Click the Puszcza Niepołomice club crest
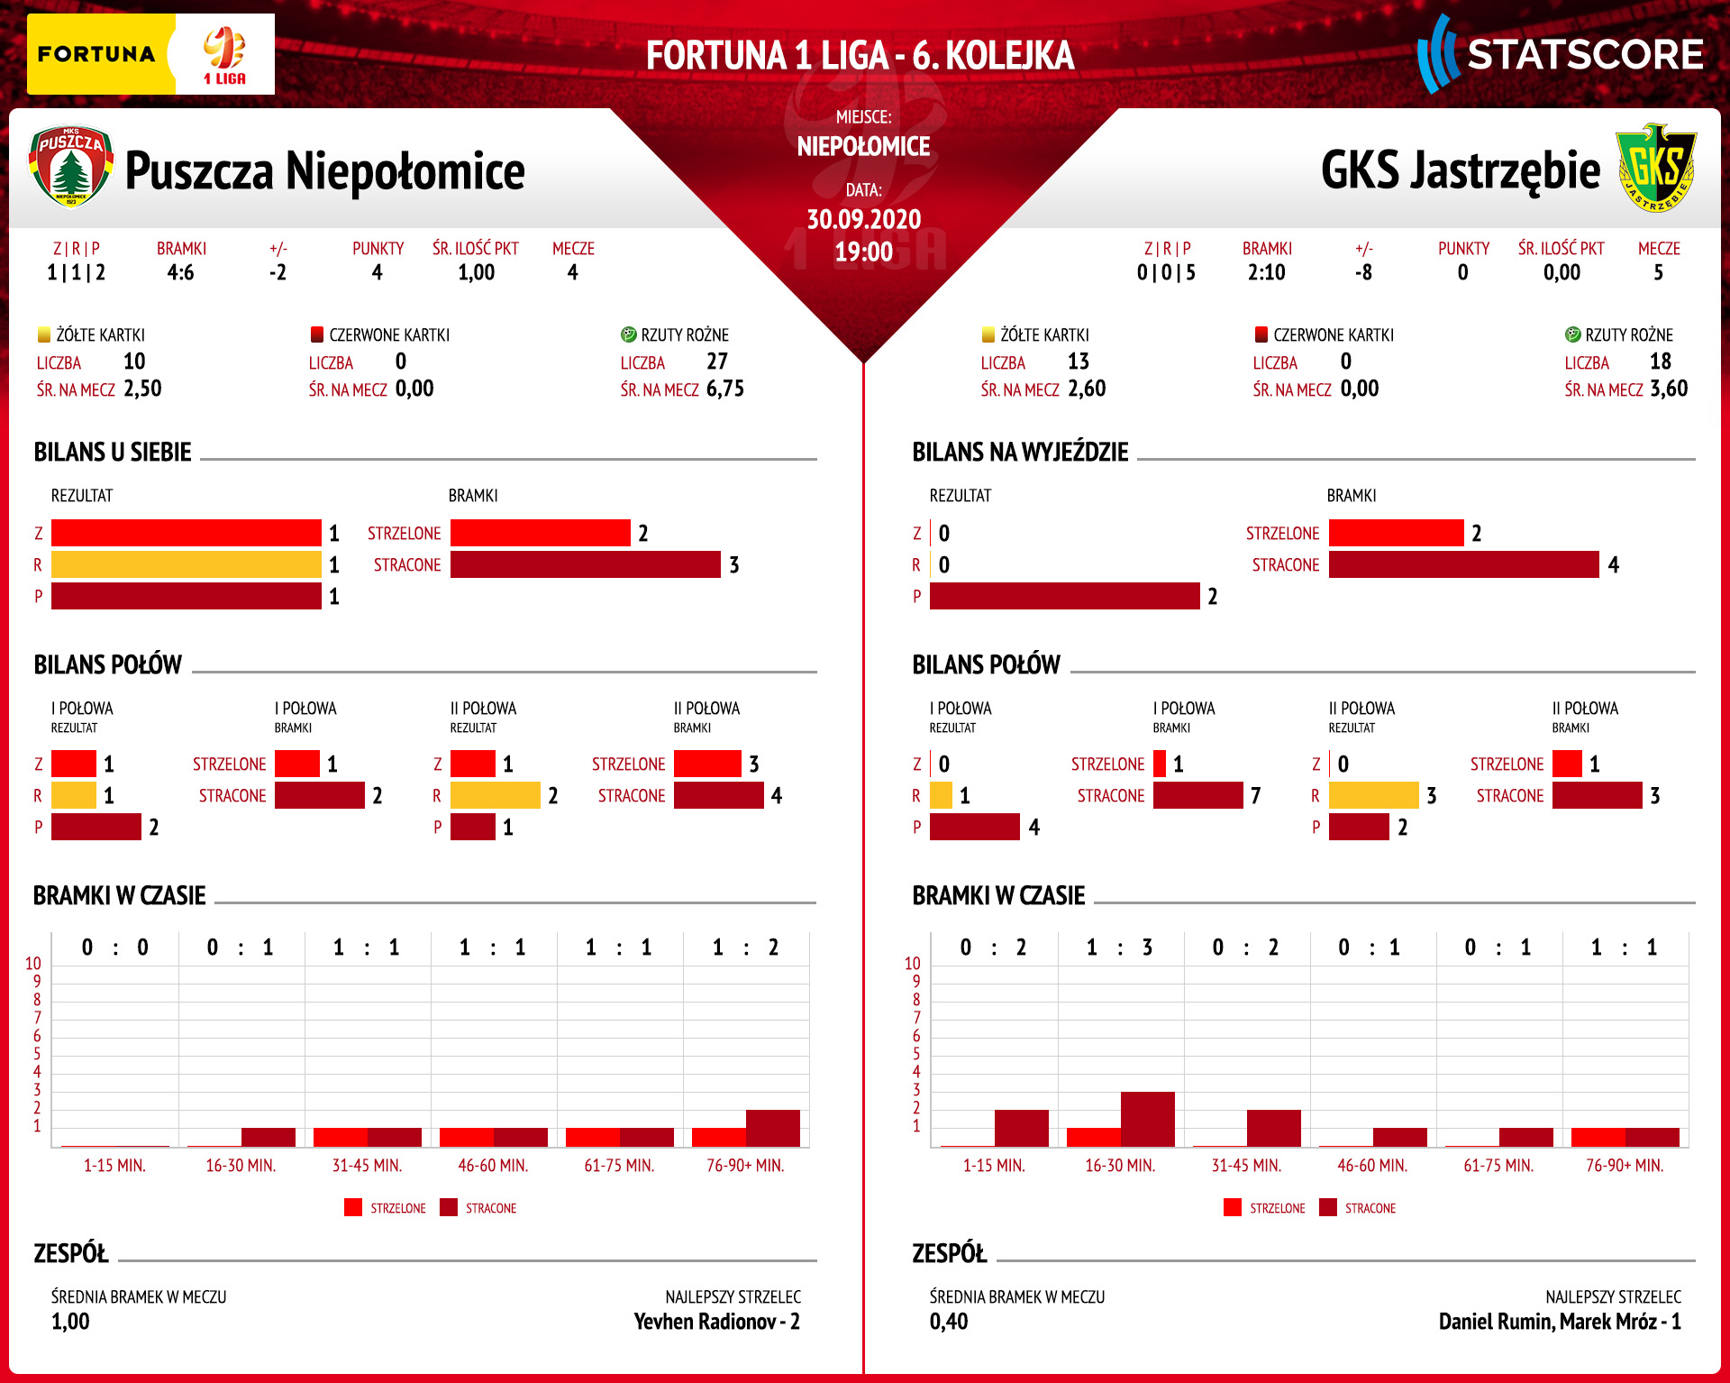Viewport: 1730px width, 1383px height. [71, 167]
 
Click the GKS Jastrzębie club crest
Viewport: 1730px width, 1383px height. [1656, 169]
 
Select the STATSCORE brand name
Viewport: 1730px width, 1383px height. [1585, 55]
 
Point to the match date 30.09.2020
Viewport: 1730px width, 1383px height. [863, 219]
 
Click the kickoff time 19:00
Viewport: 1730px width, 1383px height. [863, 252]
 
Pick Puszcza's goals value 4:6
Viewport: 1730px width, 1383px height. [180, 272]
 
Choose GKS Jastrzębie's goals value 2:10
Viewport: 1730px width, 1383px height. [1266, 272]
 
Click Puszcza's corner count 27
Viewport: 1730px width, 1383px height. [717, 362]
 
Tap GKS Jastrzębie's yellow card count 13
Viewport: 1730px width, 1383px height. [1079, 362]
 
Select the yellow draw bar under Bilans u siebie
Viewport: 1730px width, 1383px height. [186, 564]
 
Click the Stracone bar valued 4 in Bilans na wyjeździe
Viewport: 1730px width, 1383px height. [1463, 564]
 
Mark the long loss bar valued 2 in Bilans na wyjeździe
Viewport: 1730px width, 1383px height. [1064, 596]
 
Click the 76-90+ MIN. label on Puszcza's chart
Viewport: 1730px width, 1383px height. [745, 1165]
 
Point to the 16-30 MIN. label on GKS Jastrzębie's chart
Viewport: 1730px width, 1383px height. [1120, 1165]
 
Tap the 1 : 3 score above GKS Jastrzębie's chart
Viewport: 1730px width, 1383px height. [1119, 948]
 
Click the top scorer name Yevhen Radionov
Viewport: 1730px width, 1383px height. [704, 1322]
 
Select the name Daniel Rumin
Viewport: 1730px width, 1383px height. [1495, 1322]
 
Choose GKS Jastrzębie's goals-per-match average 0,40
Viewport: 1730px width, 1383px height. [949, 1322]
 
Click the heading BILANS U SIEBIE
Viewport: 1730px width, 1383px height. [113, 452]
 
